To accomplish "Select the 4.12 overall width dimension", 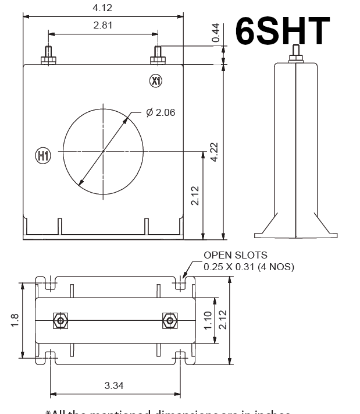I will [103, 8].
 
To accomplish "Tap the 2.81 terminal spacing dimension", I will [103, 25].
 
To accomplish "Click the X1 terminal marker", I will [155, 80].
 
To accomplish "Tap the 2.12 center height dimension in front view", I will [195, 196].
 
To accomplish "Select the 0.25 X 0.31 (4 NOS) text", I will [249, 267].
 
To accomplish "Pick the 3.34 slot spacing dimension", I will [113, 385].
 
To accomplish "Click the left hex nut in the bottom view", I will [59, 321].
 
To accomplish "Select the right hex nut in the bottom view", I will [169, 321].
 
